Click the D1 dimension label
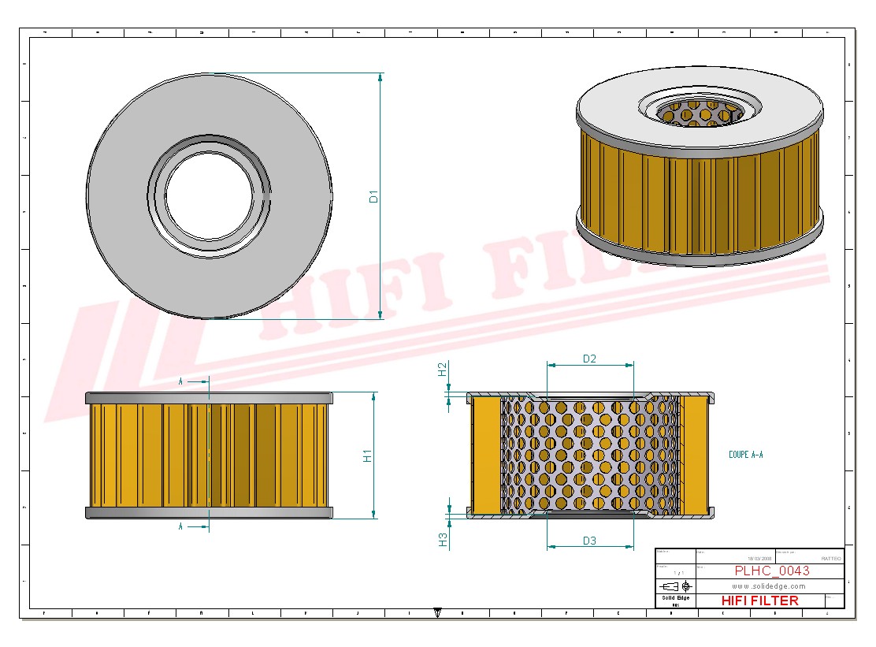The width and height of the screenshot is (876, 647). point(375,196)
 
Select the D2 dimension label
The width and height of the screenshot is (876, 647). point(589,359)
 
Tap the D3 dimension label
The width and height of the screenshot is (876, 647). point(589,540)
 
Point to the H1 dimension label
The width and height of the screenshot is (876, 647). point(367,455)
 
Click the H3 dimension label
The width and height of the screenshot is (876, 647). point(443,539)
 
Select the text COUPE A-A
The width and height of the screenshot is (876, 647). point(746,455)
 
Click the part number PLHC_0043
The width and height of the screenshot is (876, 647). point(771,571)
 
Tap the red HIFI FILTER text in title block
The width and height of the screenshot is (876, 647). point(759,601)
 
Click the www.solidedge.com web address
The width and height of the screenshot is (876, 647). point(768,586)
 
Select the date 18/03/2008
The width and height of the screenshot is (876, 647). point(759,558)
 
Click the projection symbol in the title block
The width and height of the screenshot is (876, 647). point(676,586)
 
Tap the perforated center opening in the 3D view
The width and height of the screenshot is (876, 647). point(699,113)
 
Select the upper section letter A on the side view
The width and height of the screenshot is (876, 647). point(180,381)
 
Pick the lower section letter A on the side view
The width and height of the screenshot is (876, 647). point(180,526)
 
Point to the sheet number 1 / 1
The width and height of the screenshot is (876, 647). point(674,573)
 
